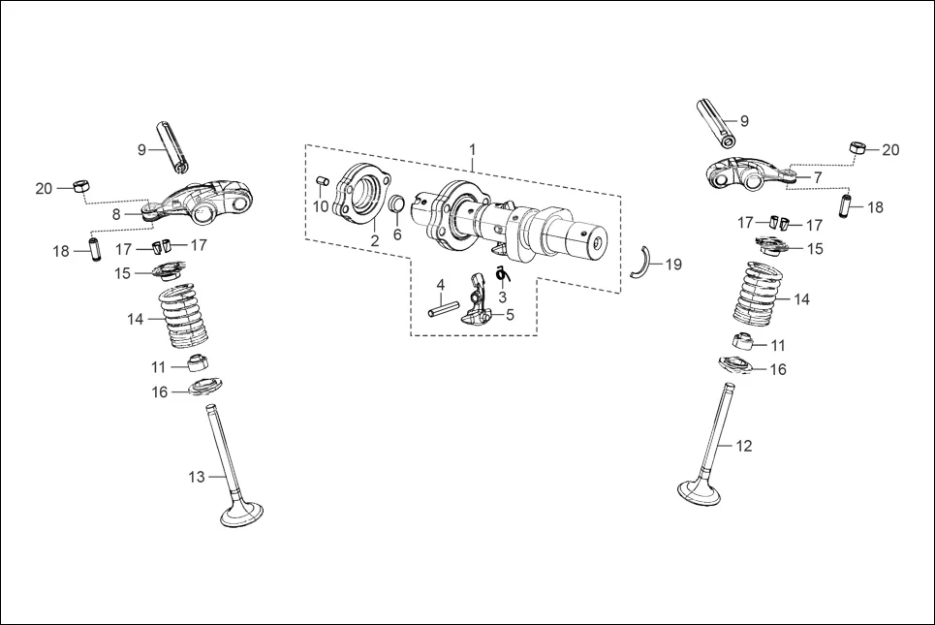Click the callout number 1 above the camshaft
coord(473,150)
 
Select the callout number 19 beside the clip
coord(672,265)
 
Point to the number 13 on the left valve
coord(197,477)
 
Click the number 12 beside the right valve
coord(743,447)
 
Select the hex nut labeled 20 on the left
coord(83,184)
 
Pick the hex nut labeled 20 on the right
coord(857,147)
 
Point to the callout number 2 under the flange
coord(374,239)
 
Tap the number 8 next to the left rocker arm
coord(116,212)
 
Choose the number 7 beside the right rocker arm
coord(817,177)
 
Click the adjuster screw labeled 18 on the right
coord(845,207)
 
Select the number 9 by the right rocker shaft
coord(744,121)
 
